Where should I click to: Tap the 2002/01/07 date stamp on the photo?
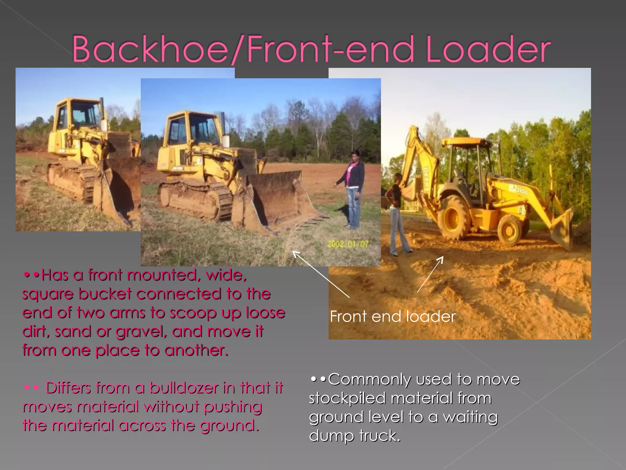pos(348,244)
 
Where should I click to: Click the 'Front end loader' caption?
pos(392,316)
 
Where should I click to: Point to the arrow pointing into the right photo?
pos(430,274)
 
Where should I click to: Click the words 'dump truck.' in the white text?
pos(355,436)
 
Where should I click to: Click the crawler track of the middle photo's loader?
pos(196,199)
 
